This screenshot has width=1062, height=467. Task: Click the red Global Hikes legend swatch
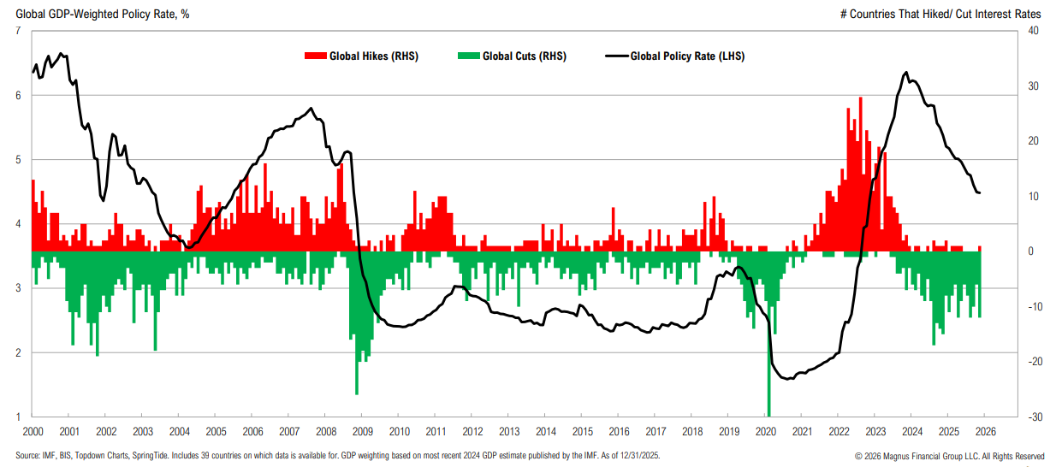pos(315,56)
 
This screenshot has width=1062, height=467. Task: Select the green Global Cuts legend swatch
pos(468,56)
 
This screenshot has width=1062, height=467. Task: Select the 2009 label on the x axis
pos(363,432)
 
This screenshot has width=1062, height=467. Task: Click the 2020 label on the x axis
pos(766,432)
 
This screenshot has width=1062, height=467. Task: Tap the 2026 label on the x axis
pos(985,432)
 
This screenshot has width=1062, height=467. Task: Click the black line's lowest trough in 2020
pos(787,378)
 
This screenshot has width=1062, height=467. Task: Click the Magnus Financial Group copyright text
pos(949,455)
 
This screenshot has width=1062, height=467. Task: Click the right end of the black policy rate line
pos(980,193)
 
